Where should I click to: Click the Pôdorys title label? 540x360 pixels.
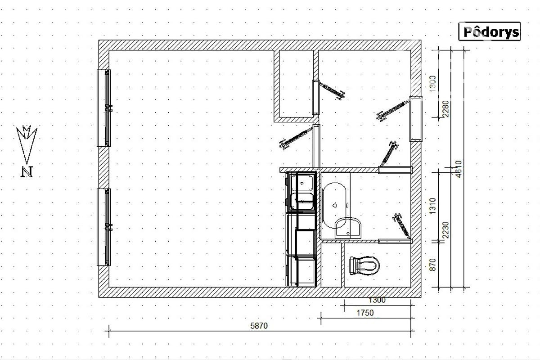click(x=490, y=31)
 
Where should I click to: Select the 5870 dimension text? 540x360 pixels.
click(x=259, y=326)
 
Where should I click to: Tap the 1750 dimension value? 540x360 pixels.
click(x=365, y=313)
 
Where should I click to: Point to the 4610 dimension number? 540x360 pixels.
click(x=459, y=169)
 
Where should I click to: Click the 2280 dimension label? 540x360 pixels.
click(x=446, y=109)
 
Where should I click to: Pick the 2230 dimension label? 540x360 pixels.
click(x=445, y=230)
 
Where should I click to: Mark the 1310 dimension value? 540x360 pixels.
click(x=433, y=206)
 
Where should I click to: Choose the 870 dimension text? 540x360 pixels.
click(x=433, y=265)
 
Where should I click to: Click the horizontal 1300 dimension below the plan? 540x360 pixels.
click(x=377, y=300)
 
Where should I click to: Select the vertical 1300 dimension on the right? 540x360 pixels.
click(x=433, y=84)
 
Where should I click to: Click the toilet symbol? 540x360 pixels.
click(x=364, y=265)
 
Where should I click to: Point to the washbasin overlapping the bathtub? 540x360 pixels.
click(x=348, y=228)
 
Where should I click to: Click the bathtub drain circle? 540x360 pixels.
click(x=335, y=206)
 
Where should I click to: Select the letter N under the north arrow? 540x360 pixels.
click(x=27, y=172)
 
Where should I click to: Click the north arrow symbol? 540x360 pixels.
click(x=27, y=144)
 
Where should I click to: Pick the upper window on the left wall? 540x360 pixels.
click(x=104, y=108)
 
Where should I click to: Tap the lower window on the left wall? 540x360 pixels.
click(x=104, y=227)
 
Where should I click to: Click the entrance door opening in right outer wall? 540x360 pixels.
click(x=416, y=119)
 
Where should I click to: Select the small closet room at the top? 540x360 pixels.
click(x=296, y=84)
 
